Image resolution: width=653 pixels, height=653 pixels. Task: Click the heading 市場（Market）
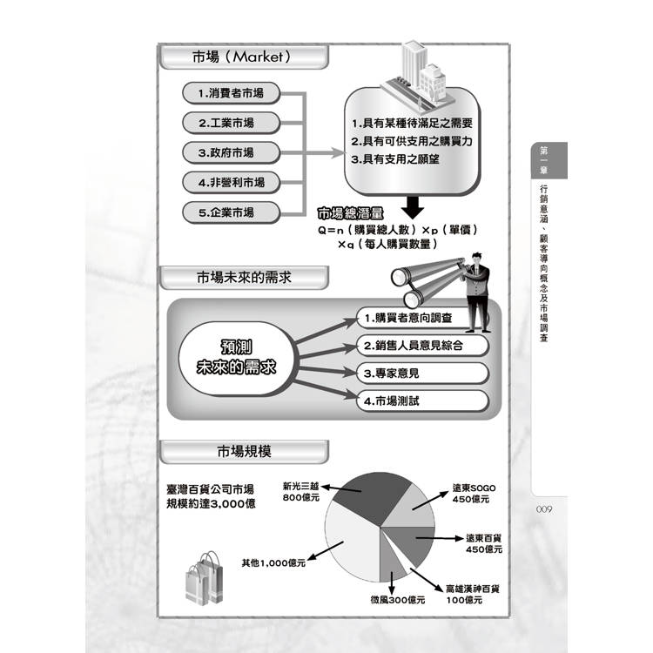(241, 57)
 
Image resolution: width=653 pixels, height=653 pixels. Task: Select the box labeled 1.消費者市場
(231, 93)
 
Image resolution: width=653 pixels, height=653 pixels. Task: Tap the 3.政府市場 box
(231, 153)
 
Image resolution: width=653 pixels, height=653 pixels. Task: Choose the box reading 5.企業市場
(231, 212)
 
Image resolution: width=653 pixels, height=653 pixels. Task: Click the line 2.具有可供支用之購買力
(412, 141)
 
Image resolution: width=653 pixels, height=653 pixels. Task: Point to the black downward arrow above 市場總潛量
(413, 207)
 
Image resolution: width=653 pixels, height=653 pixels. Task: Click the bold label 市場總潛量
(350, 213)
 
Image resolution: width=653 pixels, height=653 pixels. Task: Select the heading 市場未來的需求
(244, 278)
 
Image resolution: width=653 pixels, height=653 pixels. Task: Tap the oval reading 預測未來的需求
(237, 358)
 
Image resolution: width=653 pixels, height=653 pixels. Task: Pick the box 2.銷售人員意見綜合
(422, 346)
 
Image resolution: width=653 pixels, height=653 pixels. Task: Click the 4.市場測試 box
(422, 401)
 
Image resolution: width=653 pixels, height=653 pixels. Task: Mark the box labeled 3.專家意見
(422, 374)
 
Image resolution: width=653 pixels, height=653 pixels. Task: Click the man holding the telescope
(476, 293)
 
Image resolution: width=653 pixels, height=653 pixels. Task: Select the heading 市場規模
(244, 451)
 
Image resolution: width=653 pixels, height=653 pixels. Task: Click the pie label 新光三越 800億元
(300, 492)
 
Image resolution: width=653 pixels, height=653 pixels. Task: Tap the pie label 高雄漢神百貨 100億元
(472, 595)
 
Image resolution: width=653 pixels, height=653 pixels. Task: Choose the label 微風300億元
(398, 600)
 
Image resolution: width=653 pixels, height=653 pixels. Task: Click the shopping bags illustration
(204, 578)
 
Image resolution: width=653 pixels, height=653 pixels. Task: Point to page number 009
(544, 509)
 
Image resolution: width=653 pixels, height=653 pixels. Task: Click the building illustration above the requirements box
(419, 75)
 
